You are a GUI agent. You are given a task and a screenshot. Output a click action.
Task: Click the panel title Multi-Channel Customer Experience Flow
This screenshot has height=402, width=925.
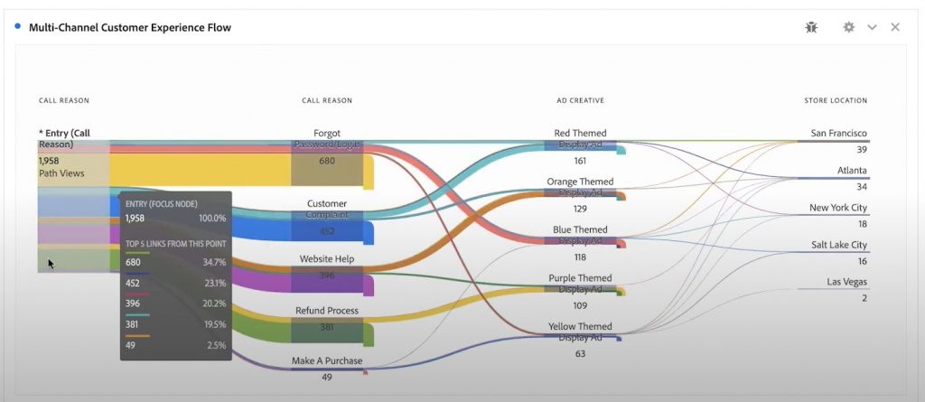click(x=129, y=27)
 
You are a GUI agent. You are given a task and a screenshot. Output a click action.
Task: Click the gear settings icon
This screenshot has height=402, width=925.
click(x=848, y=27)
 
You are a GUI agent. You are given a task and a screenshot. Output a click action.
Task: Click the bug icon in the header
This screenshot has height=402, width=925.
click(x=811, y=27)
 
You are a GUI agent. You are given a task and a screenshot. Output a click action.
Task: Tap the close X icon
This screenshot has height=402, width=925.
click(x=895, y=27)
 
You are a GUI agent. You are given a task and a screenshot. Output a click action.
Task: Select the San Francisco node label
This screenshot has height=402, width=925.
click(x=838, y=133)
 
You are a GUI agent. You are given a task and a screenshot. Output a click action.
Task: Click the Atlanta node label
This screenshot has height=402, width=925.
click(x=852, y=170)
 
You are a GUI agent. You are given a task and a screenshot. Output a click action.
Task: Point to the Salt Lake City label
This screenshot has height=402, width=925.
click(x=838, y=245)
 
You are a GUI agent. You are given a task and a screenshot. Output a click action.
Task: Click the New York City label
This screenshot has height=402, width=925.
click(x=837, y=208)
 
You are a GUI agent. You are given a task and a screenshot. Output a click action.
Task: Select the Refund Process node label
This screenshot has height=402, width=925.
click(x=327, y=311)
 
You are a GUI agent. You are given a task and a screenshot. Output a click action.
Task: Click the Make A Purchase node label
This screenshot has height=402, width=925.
click(x=327, y=360)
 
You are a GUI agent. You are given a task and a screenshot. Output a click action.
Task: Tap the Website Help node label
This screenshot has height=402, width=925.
click(x=327, y=259)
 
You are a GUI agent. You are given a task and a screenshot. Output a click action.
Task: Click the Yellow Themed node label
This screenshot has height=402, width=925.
click(x=580, y=326)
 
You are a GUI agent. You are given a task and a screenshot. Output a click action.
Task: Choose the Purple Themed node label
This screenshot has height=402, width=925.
click(x=580, y=278)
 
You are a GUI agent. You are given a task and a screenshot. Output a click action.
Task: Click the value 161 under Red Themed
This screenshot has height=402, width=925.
click(x=580, y=161)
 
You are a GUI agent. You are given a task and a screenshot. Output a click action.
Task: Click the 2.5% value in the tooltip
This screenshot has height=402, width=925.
click(x=215, y=345)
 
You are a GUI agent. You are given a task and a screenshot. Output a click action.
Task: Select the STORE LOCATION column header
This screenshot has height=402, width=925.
click(x=836, y=100)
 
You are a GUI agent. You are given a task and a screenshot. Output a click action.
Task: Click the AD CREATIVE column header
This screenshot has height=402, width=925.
click(x=580, y=100)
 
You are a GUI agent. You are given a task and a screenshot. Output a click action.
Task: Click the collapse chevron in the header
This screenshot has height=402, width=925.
click(x=872, y=27)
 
